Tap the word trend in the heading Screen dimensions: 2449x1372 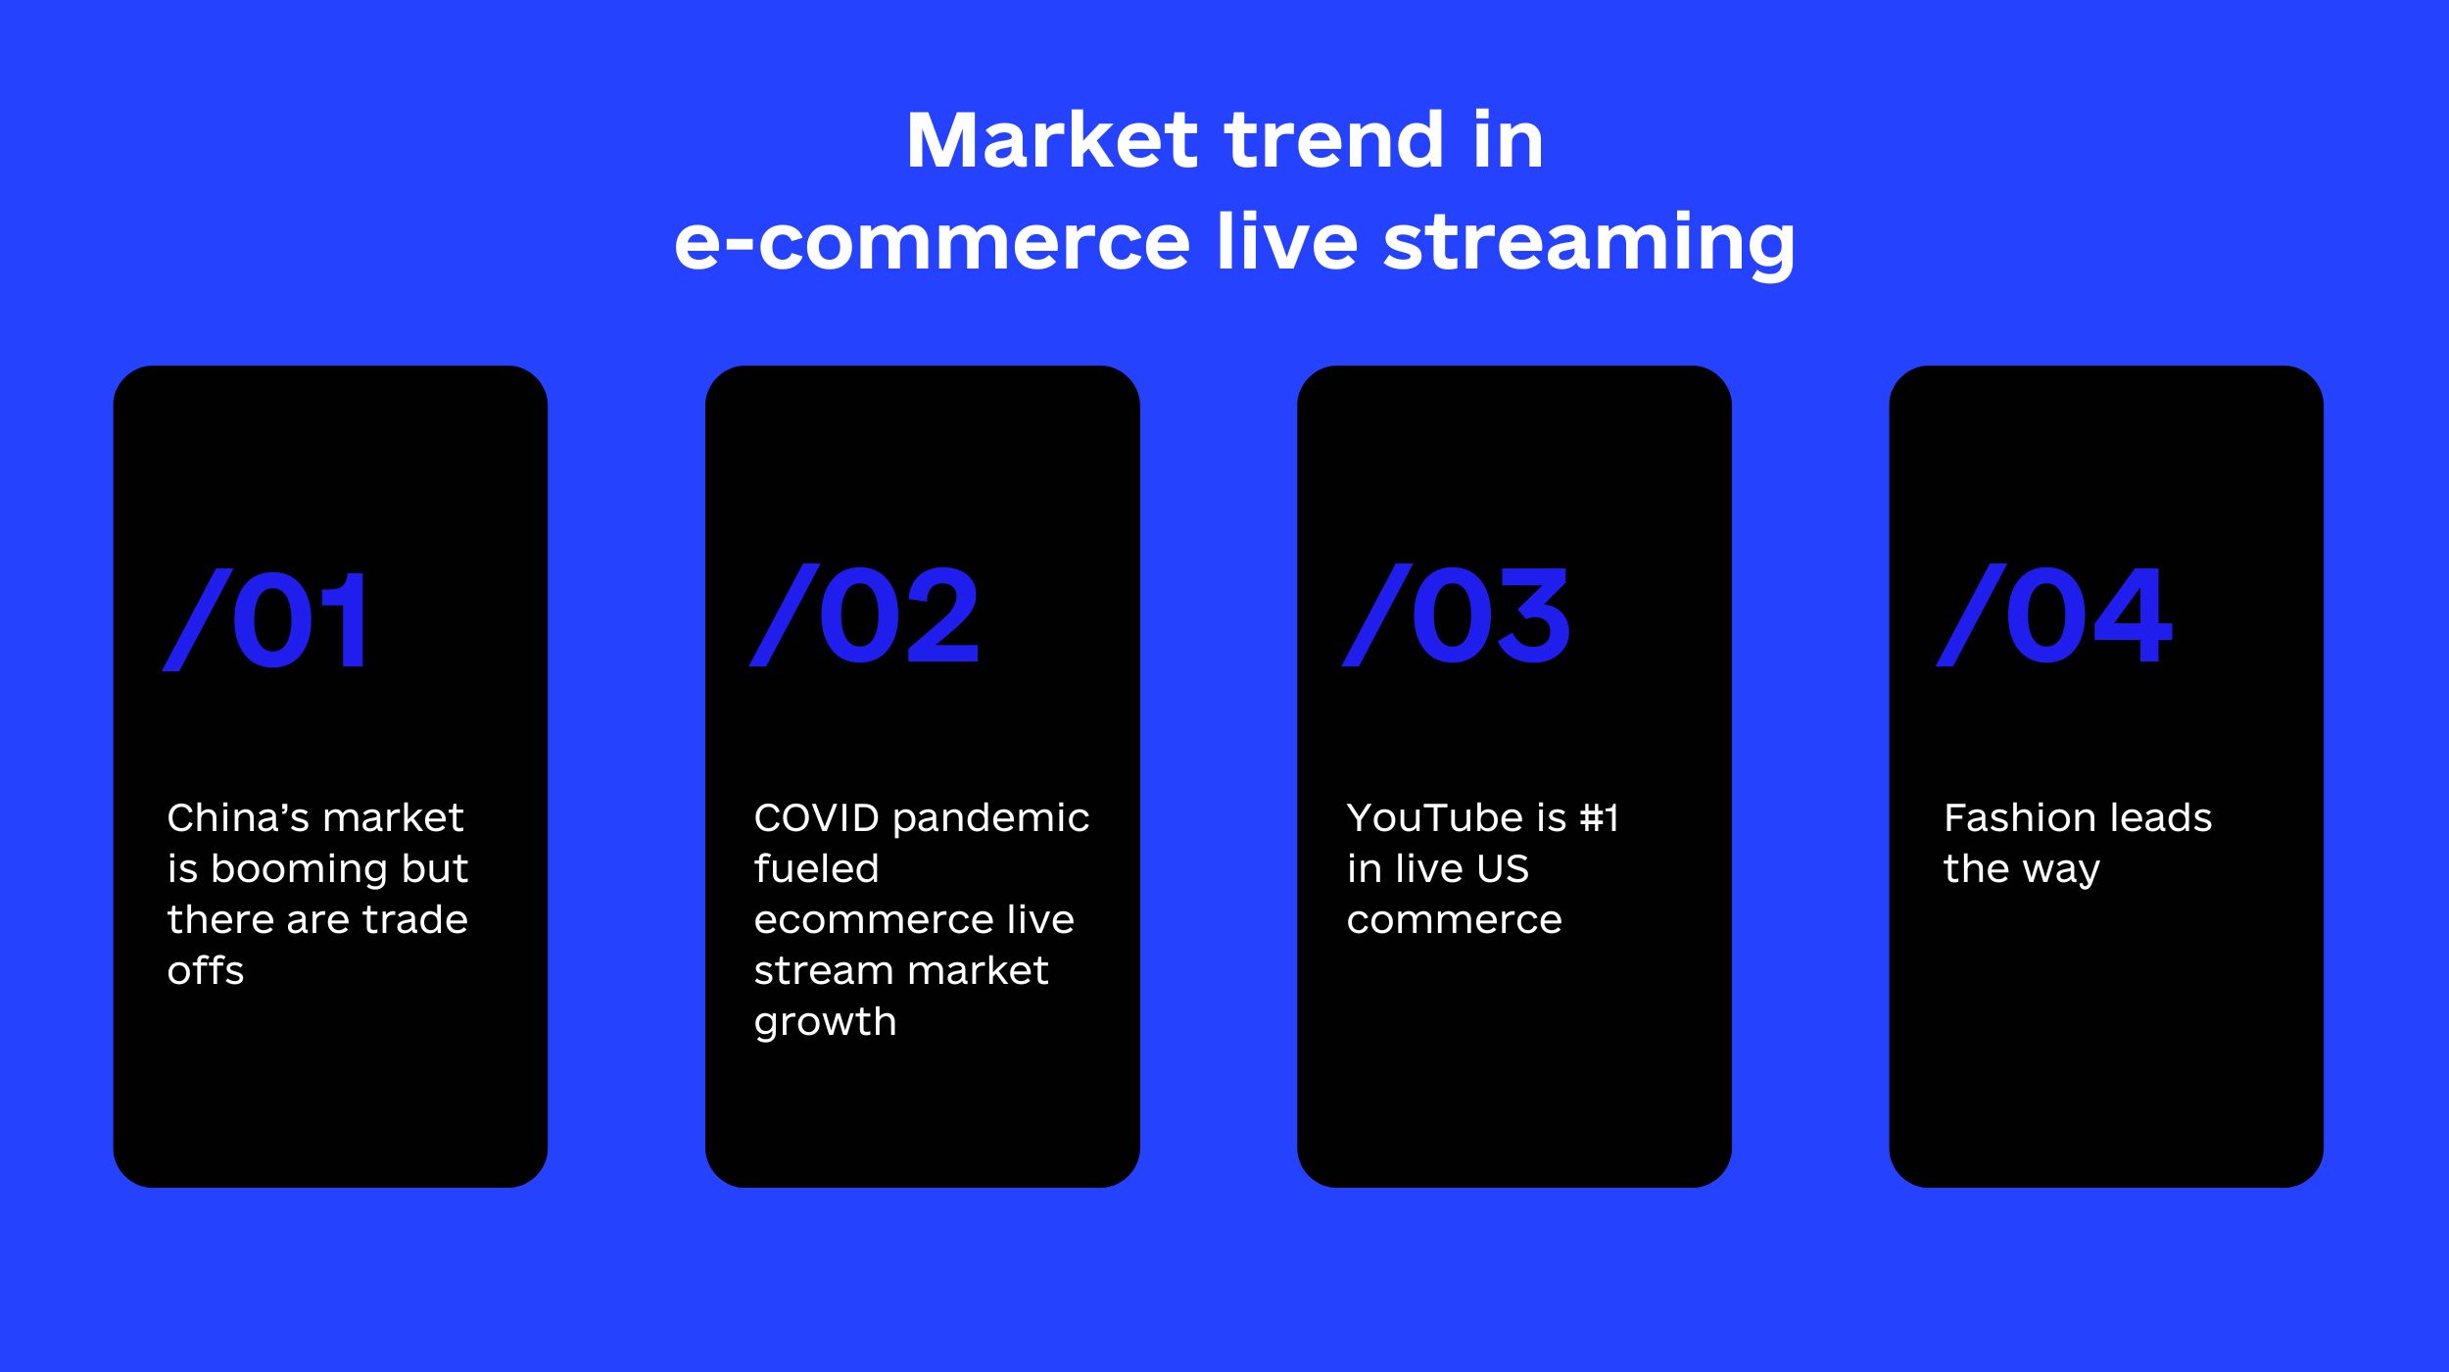[1334, 140]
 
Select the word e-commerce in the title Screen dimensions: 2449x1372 [933, 242]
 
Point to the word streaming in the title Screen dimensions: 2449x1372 [1589, 244]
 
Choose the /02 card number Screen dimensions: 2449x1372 [865, 615]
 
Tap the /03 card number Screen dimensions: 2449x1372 [1457, 615]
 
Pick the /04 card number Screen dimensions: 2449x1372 [2054, 615]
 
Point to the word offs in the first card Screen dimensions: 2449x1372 [206, 970]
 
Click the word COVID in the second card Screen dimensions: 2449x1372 [818, 817]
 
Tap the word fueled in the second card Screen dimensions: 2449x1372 [817, 868]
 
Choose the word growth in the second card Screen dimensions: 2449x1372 [825, 1022]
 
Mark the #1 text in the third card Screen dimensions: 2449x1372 [1600, 817]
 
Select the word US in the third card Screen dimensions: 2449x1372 [1504, 868]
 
